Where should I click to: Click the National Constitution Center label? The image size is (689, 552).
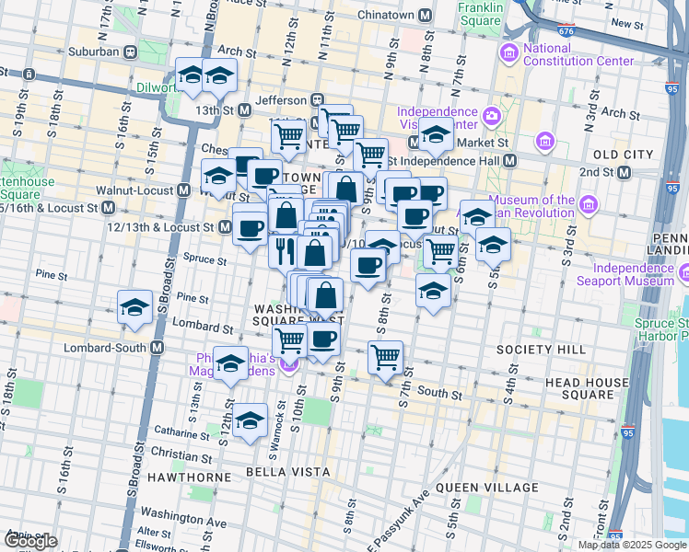[x=578, y=55]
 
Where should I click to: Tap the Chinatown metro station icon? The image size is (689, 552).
[x=425, y=16]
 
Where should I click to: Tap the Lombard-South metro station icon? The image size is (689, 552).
[x=158, y=348]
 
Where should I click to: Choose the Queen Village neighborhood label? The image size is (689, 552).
[x=487, y=488]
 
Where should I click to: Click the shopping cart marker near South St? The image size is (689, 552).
[x=385, y=357]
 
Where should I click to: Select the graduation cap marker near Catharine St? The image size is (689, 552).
[x=250, y=420]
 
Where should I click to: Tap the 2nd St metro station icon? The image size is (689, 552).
[x=625, y=172]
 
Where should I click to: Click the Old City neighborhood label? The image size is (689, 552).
[x=623, y=154]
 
